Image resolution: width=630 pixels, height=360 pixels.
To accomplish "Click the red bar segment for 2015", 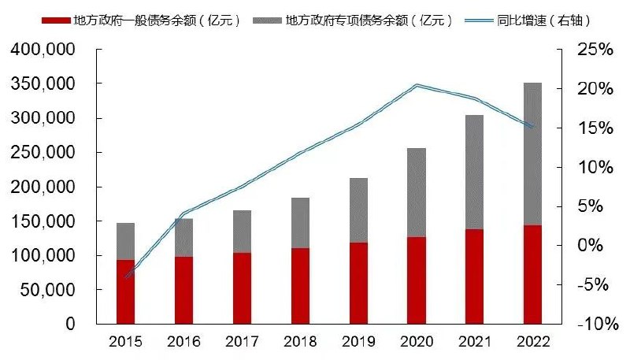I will pyautogui.click(x=126, y=291).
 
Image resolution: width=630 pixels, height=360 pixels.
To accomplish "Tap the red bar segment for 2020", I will pyautogui.click(x=417, y=280).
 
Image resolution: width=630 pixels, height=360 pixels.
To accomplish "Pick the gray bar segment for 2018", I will pyautogui.click(x=300, y=223).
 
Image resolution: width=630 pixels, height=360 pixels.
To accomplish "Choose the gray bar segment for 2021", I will pyautogui.click(x=474, y=172).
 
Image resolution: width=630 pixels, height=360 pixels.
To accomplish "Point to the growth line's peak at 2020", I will pyautogui.click(x=417, y=84).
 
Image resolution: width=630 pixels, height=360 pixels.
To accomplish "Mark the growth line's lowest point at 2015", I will pyautogui.click(x=126, y=276).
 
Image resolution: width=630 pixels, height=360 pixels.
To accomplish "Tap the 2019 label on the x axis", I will pyautogui.click(x=358, y=342).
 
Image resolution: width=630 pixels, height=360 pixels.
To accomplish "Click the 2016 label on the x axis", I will pyautogui.click(x=183, y=342).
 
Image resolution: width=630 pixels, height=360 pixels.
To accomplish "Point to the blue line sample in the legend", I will pyautogui.click(x=486, y=20).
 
